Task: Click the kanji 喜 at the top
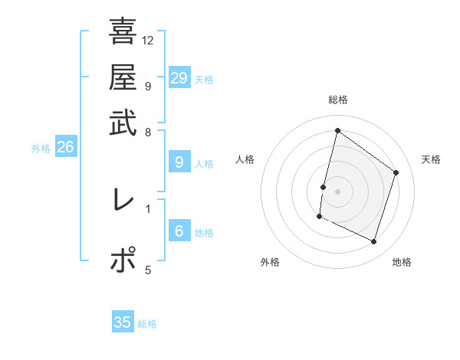[123, 31]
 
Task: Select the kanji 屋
[123, 77]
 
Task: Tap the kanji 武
[123, 123]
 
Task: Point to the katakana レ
[123, 200]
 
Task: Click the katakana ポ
[123, 260]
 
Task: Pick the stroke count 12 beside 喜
[148, 40]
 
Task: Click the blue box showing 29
[179, 78]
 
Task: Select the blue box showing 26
[65, 148]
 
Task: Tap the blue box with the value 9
[179, 162]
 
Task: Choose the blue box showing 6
[179, 231]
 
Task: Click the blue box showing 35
[123, 322]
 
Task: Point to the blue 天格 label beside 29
[204, 80]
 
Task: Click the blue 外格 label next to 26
[41, 149]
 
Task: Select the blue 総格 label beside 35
[147, 324]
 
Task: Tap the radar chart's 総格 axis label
[338, 100]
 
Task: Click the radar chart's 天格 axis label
[431, 159]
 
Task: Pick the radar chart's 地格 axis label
[402, 262]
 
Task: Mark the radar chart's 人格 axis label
[245, 159]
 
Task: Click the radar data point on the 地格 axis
[374, 242]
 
